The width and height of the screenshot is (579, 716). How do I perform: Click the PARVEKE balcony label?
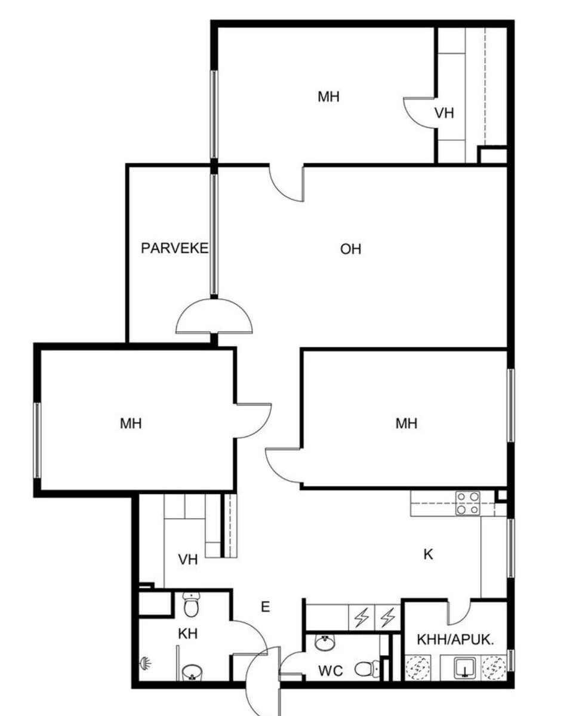pos(174,248)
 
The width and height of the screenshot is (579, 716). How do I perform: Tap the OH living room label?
pos(350,249)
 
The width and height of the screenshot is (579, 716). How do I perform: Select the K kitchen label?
pos(428,554)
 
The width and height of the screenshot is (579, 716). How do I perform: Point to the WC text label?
pos(330,671)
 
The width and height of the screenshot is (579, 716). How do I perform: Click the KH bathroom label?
pos(187,634)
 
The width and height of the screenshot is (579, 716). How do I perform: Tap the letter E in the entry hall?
pos(265,607)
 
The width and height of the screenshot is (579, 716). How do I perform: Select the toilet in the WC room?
pos(367,669)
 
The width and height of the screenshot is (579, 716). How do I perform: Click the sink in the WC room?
pos(325,643)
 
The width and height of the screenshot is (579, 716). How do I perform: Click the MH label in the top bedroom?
pos(328,97)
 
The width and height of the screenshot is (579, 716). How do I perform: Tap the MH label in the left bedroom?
pos(131,424)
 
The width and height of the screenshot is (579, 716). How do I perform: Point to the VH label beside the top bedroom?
pos(444,113)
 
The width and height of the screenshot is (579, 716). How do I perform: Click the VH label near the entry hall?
pos(187,560)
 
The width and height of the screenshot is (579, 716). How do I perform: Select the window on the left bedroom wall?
pos(37,440)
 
